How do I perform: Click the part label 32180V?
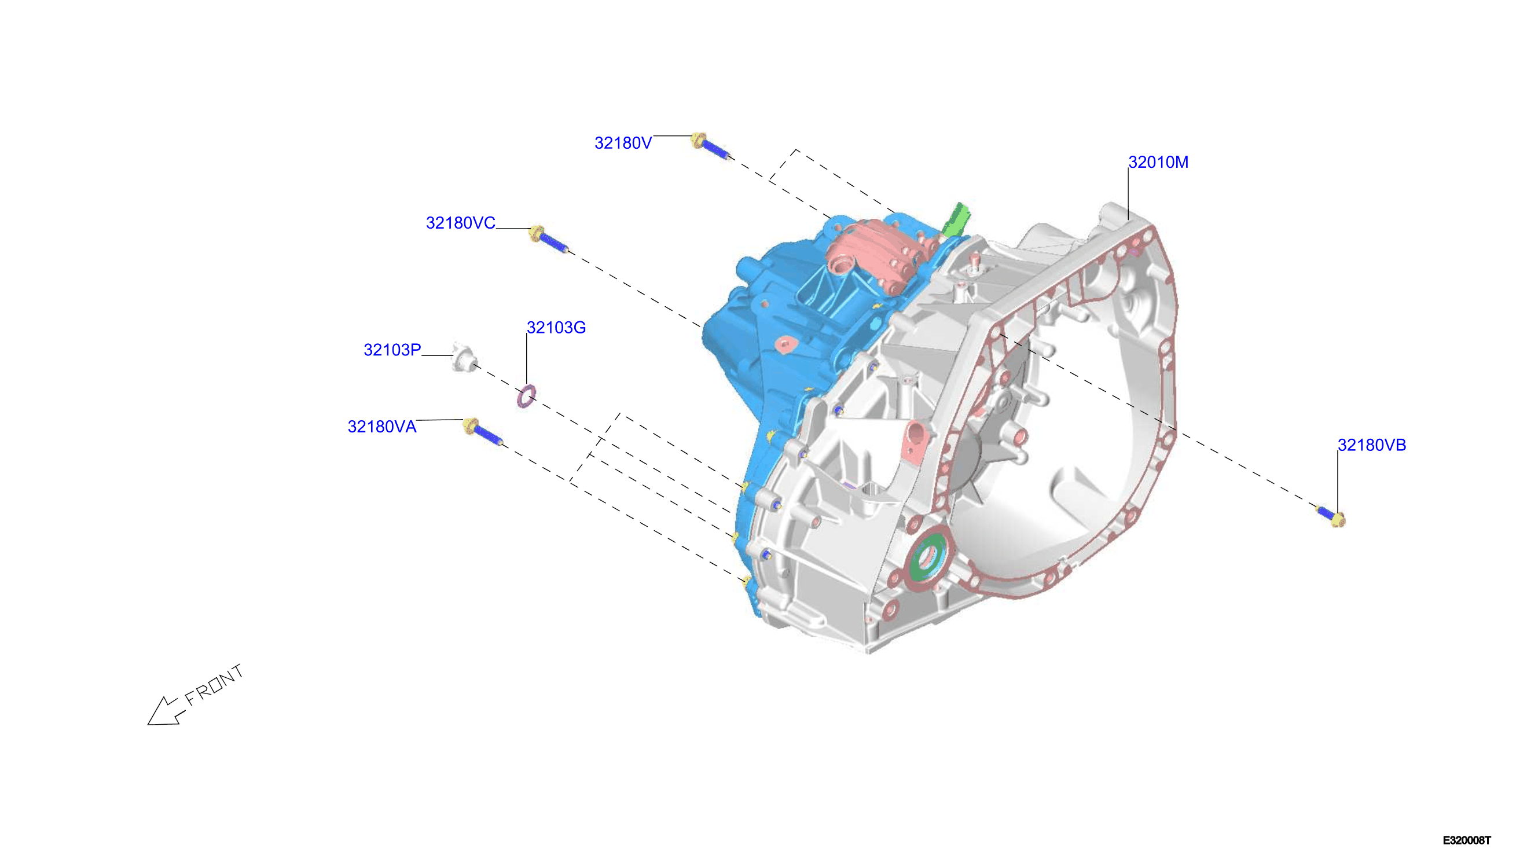[x=623, y=144]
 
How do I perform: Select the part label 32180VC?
[x=460, y=223]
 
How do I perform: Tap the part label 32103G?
[x=556, y=328]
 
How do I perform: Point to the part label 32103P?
[x=392, y=350]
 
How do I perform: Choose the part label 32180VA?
[x=381, y=427]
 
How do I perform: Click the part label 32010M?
[x=1158, y=162]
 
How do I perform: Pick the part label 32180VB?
[x=1371, y=445]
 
